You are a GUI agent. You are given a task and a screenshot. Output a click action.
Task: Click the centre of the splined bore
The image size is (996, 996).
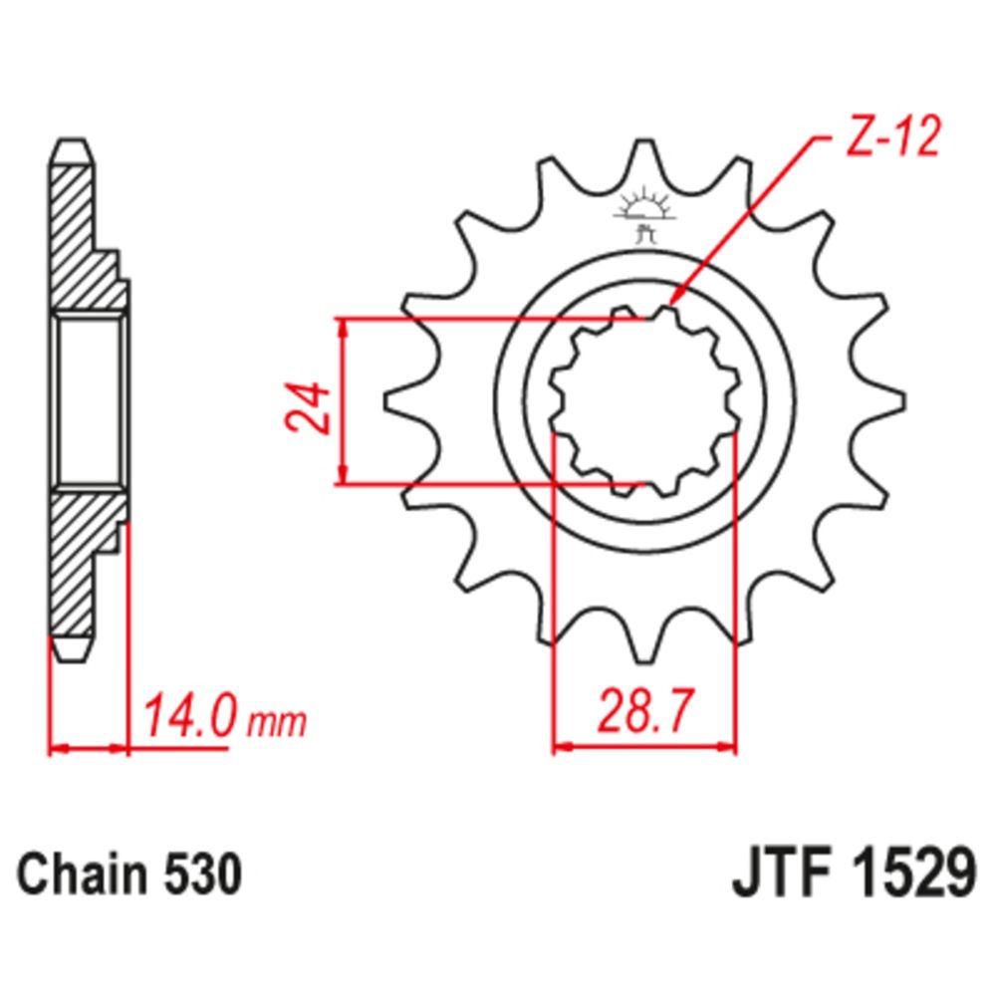(643, 402)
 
